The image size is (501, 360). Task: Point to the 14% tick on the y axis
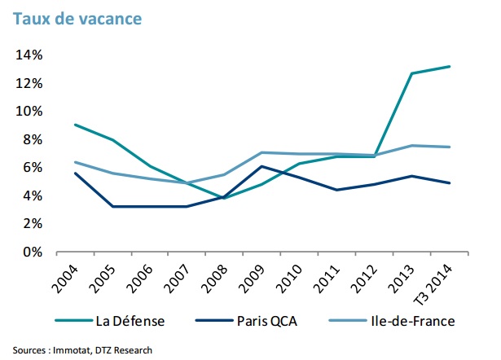click(x=29, y=55)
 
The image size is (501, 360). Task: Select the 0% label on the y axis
click(x=32, y=252)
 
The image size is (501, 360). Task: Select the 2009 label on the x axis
click(x=261, y=277)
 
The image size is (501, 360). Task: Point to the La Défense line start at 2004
click(x=75, y=125)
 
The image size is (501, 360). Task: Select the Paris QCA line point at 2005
click(x=112, y=206)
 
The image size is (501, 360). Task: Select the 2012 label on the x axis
click(x=374, y=277)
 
